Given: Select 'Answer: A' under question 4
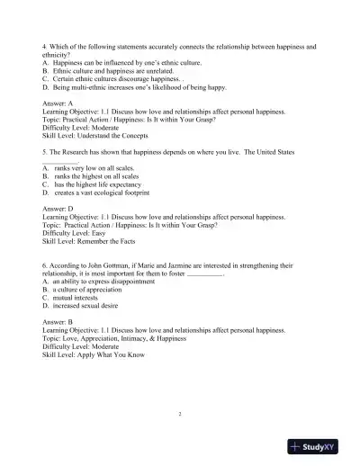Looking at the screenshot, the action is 61,102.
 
